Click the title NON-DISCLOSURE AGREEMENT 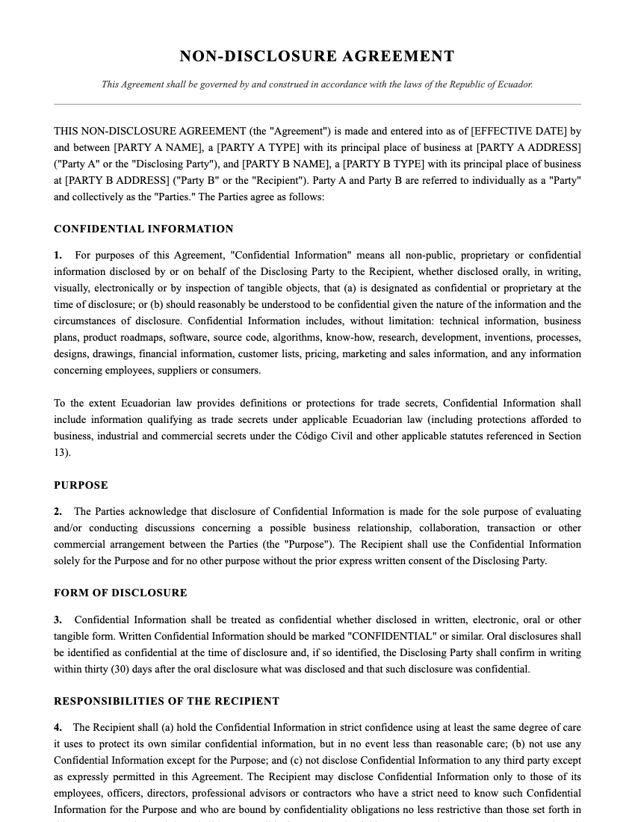[317, 57]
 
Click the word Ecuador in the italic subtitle [515, 84]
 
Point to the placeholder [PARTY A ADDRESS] [528, 147]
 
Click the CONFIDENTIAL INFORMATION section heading [143, 229]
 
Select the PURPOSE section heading [81, 486]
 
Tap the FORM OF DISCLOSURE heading [120, 593]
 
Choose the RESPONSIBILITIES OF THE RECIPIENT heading [167, 702]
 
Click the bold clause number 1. [58, 256]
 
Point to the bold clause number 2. [58, 512]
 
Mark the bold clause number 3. [58, 620]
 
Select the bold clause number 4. [58, 728]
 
